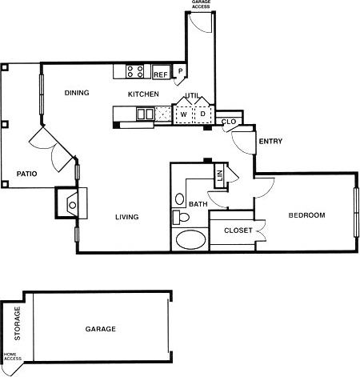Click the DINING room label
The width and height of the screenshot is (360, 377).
click(x=77, y=93)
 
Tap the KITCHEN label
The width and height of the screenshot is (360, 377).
click(x=144, y=94)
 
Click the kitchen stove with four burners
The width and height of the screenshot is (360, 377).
click(x=135, y=73)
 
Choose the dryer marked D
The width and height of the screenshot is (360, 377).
click(x=202, y=114)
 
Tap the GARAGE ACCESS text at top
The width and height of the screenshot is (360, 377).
click(x=202, y=5)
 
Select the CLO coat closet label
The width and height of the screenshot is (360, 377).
click(x=228, y=122)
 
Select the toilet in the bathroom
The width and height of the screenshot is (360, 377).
click(x=182, y=217)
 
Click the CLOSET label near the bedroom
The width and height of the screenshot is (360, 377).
click(x=238, y=231)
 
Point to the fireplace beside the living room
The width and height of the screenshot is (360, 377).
click(x=70, y=203)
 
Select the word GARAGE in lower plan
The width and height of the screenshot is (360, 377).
click(x=101, y=329)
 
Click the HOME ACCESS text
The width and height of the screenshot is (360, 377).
click(x=11, y=357)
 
